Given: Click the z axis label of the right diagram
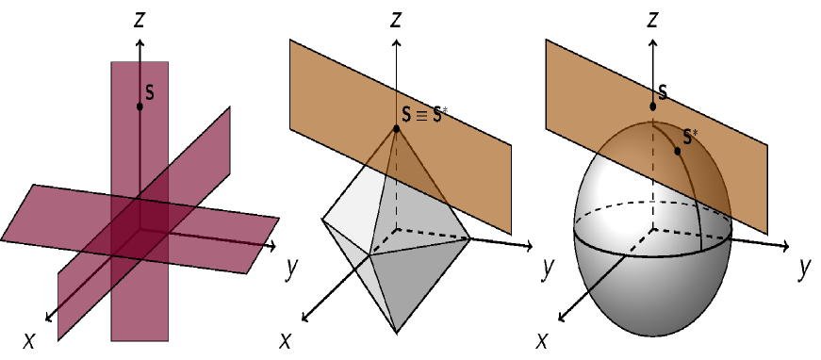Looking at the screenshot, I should tap(653, 18).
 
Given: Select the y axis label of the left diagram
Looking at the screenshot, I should tap(290, 268).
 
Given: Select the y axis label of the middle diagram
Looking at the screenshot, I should tap(547, 268).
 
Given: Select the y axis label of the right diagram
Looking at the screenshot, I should tap(804, 268).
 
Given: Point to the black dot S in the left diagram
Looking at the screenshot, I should tap(140, 106).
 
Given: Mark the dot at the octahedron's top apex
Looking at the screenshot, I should tap(397, 128).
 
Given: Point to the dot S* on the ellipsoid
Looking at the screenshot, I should tap(678, 151).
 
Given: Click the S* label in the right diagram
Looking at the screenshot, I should tap(691, 138).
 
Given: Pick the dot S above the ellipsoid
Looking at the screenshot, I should tap(652, 106).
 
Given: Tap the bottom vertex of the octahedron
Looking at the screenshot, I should tap(397, 332).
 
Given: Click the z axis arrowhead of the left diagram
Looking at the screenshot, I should tap(140, 43).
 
